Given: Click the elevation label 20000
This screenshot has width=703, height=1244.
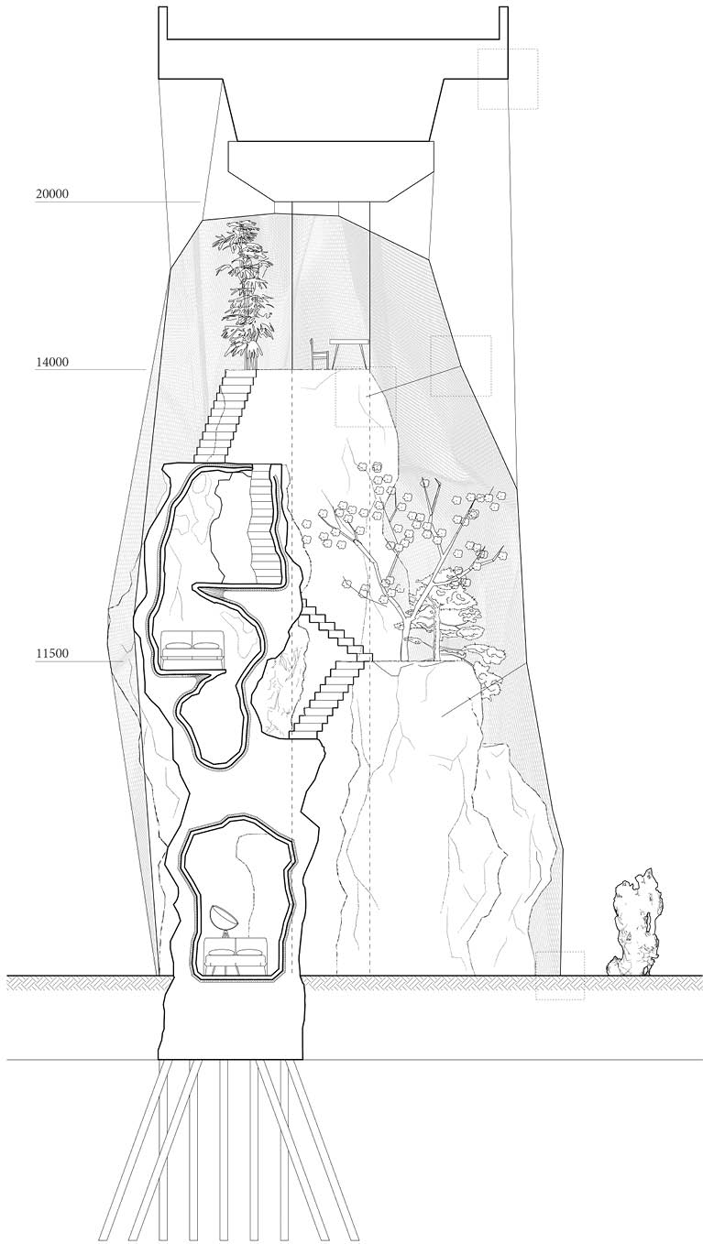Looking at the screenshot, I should coord(52,193).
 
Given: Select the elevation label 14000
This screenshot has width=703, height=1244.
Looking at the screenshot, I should coord(52,362).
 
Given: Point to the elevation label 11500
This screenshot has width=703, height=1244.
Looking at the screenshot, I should coord(52,654).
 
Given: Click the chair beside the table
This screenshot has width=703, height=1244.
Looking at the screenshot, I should coord(318,353).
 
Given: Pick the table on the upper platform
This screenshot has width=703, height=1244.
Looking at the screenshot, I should coord(349,352).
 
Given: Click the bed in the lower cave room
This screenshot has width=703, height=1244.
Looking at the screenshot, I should coord(237,956).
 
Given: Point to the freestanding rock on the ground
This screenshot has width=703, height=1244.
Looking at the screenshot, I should coord(635,923).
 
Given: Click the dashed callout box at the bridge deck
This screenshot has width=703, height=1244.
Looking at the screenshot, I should coord(507,79).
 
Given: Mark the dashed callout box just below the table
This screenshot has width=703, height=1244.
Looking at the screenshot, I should coord(365,397).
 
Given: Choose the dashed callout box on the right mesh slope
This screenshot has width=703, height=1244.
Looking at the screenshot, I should coord(460,366).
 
